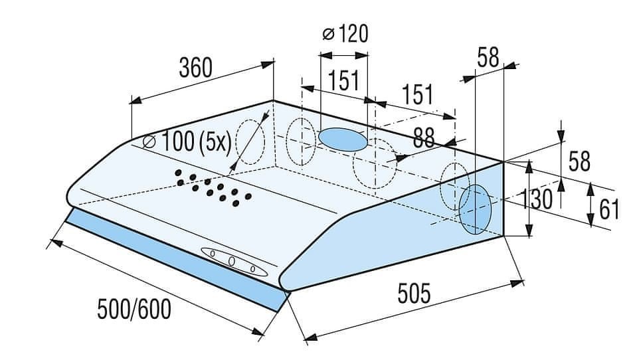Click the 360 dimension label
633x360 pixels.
point(195,68)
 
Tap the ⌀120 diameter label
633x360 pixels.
point(345,33)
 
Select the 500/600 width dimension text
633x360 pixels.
point(134,310)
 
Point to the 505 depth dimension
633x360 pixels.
point(414,293)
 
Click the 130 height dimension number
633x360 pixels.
point(536,199)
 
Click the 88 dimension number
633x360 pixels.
point(424,137)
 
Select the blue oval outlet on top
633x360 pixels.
point(343,139)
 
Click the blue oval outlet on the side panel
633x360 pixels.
point(475,210)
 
